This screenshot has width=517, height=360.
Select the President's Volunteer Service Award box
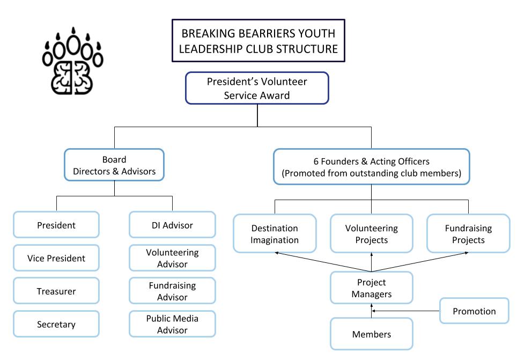(x=257, y=88)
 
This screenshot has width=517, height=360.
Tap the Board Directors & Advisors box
(x=114, y=165)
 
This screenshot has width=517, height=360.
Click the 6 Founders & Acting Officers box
(x=371, y=167)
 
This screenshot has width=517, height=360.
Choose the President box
(x=56, y=225)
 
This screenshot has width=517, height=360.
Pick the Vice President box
(x=56, y=258)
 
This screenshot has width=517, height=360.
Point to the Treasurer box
(x=56, y=291)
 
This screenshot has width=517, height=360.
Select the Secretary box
(x=56, y=324)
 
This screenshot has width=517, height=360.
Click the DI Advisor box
(x=172, y=225)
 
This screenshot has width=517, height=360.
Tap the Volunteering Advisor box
(x=172, y=258)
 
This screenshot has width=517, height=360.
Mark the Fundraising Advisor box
(x=172, y=291)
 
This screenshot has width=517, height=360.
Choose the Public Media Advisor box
(x=172, y=324)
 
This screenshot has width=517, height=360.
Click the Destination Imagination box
(x=274, y=234)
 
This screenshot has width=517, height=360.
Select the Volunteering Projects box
(x=371, y=234)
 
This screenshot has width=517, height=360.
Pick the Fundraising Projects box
(x=468, y=234)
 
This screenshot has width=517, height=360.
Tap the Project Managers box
(x=371, y=288)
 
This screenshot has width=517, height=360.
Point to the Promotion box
(x=474, y=311)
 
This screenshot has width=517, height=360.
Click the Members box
(x=371, y=334)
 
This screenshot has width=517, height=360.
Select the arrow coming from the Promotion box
(x=406, y=311)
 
